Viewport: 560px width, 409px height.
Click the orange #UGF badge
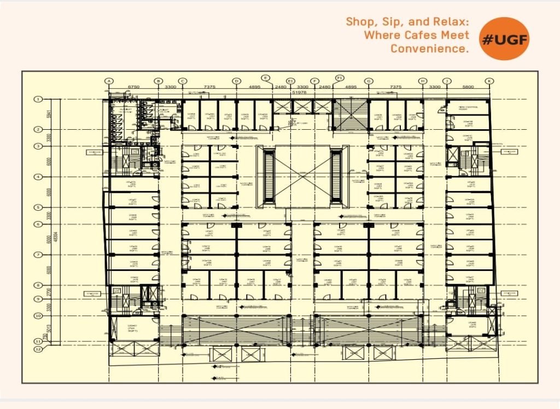click(x=504, y=38)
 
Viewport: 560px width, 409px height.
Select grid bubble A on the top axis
click(x=109, y=81)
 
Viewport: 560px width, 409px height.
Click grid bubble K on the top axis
click(x=489, y=81)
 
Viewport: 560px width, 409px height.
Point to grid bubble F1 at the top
click(x=340, y=77)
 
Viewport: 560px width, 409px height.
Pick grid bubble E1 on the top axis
click(x=290, y=81)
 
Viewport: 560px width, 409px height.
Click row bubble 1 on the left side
click(x=38, y=99)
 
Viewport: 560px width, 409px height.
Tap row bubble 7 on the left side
click(x=38, y=255)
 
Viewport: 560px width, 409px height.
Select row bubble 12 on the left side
click(x=38, y=349)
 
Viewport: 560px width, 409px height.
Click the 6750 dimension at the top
click(x=134, y=87)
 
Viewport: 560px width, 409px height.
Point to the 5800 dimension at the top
click(x=468, y=87)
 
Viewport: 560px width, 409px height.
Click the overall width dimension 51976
click(x=299, y=93)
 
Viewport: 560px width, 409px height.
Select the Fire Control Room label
click(x=469, y=107)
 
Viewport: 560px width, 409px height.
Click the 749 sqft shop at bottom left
click(x=132, y=329)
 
